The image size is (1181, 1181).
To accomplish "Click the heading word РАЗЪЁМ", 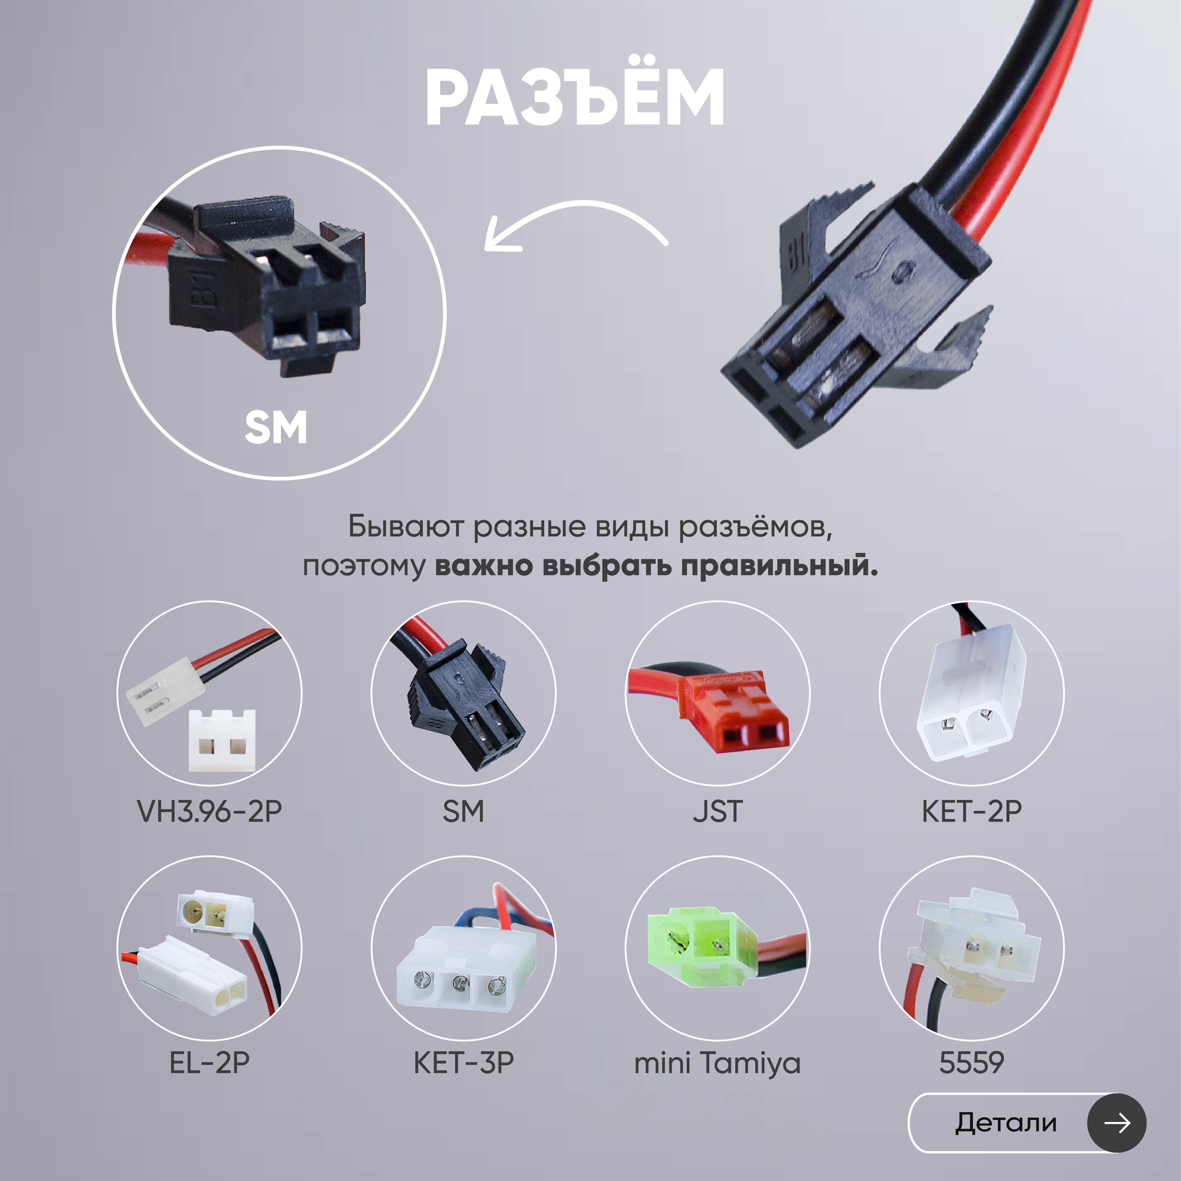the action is (x=575, y=98).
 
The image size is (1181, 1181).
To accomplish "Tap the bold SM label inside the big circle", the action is (x=276, y=428).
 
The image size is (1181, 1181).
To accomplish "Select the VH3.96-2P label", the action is (x=210, y=812).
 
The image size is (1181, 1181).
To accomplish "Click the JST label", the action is (x=717, y=812).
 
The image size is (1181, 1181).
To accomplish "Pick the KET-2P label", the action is (x=971, y=812).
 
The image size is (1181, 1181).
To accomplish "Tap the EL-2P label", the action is (x=210, y=1063).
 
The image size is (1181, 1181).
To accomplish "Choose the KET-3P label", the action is (x=464, y=1063).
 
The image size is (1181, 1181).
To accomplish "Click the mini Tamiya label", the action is (x=717, y=1063).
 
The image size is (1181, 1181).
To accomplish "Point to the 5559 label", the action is (x=971, y=1063).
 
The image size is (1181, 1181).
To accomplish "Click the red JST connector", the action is (x=733, y=712).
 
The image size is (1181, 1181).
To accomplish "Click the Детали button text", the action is (x=1006, y=1123).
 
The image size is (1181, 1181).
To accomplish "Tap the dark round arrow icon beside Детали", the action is (x=1116, y=1123).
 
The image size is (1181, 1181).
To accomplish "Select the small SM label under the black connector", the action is (x=464, y=812).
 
